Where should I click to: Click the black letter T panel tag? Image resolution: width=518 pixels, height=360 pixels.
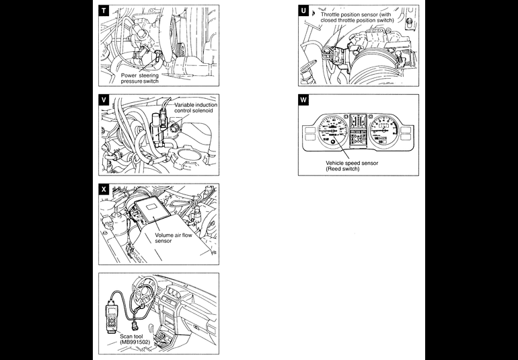[104, 11]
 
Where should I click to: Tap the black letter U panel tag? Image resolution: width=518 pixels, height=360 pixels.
[303, 11]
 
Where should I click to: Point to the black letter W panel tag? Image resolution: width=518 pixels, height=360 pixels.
[303, 100]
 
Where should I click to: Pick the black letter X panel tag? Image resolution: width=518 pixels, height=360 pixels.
[104, 189]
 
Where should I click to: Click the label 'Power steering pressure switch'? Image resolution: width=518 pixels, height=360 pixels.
[141, 79]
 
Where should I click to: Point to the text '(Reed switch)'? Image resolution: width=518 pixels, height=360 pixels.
[342, 169]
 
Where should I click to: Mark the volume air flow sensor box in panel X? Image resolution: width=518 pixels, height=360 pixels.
[153, 213]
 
